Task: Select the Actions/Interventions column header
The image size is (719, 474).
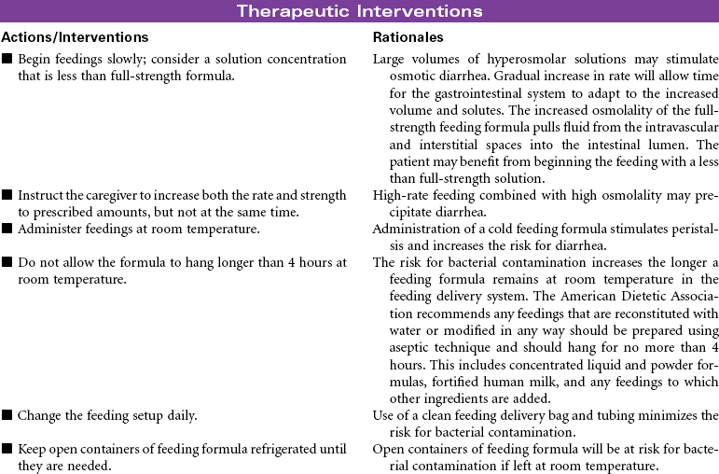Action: pos(75,37)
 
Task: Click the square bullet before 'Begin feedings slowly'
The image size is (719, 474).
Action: pos(7,60)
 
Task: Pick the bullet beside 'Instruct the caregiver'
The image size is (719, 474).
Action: pos(7,195)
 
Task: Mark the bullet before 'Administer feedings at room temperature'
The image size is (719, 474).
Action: pos(7,229)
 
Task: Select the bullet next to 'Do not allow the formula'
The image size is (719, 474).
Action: pos(7,262)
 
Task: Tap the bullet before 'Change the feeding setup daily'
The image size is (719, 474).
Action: pos(7,414)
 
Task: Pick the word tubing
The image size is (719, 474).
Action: pos(629,414)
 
